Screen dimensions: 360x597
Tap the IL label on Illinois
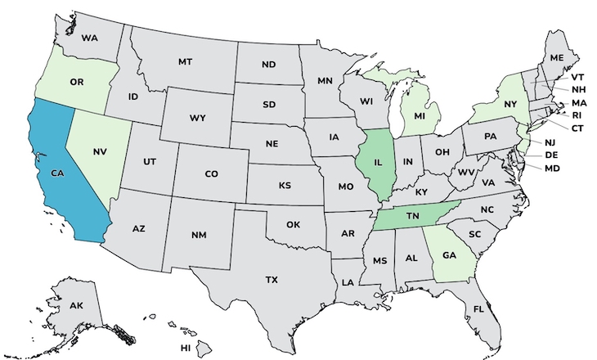(378, 162)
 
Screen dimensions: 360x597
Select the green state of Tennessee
(414, 215)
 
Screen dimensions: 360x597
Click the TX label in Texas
(271, 279)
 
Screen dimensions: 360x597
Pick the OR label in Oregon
(78, 82)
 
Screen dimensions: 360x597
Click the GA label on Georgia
(449, 254)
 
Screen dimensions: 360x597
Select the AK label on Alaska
(76, 305)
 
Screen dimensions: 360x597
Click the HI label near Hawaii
(186, 348)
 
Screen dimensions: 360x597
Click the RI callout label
(577, 115)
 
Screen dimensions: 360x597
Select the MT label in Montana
(185, 61)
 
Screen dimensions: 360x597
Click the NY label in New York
(511, 105)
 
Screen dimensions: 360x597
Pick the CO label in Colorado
(211, 173)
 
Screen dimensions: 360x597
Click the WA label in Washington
(89, 38)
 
